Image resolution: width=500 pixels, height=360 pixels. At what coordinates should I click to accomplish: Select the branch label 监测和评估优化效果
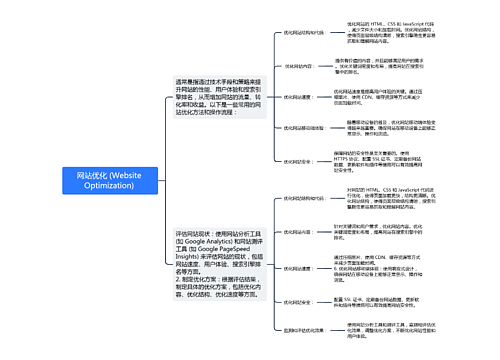pyautogui.click(x=303, y=329)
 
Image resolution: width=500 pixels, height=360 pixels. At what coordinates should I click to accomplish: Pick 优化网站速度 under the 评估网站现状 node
pyautogui.click(x=296, y=264)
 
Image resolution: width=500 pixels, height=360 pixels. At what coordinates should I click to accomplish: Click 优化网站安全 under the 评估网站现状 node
pyautogui.click(x=296, y=301)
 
